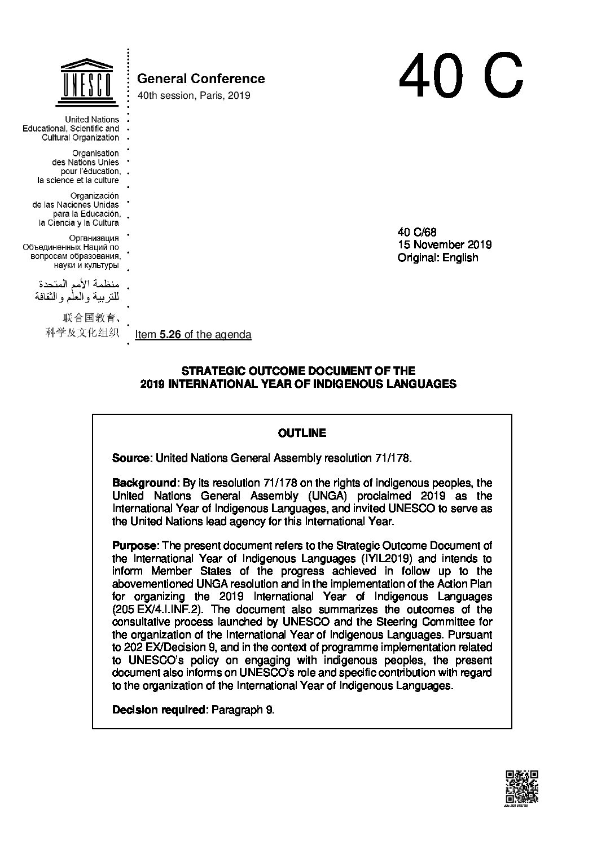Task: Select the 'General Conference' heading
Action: point(201,78)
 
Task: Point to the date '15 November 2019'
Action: point(445,244)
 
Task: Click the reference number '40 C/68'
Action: point(417,232)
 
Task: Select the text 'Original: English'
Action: point(438,257)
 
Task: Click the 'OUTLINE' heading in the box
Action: point(302,433)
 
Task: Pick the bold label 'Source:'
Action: point(133,458)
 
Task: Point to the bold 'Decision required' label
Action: point(161,710)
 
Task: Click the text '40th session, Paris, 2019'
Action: point(194,95)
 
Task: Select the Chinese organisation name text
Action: point(83,325)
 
